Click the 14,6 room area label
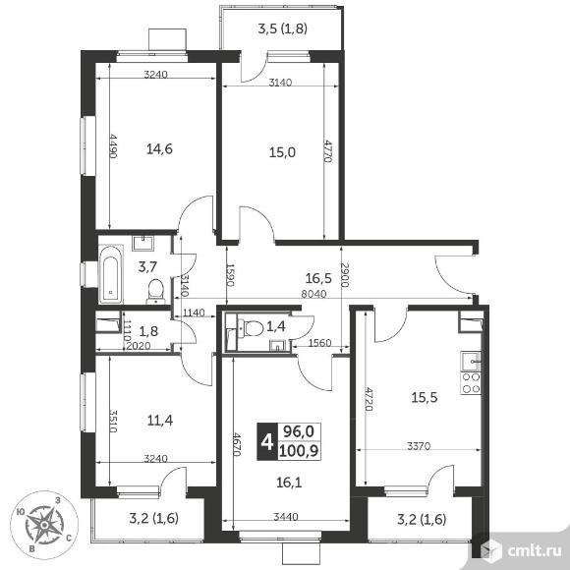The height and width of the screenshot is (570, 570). tap(159, 149)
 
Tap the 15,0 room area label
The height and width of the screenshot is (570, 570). tap(282, 152)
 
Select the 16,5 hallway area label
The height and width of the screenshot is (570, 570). tap(318, 278)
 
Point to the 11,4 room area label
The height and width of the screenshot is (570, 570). tap(160, 421)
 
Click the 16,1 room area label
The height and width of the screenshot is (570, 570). tap(289, 483)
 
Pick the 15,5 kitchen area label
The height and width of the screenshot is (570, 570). tap(425, 397)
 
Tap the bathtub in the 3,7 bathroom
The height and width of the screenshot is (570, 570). tap(111, 275)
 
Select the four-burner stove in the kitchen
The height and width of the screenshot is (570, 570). tap(471, 383)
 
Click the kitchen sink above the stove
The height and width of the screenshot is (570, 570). tap(471, 362)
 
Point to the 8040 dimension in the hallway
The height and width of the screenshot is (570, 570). tap(313, 294)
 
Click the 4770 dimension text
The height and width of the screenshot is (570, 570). tap(328, 151)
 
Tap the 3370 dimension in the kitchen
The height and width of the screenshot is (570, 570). tap(419, 445)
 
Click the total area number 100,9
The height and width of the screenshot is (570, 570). tap(299, 451)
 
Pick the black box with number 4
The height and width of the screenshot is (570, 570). tap(267, 442)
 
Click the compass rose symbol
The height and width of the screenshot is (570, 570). tap(44, 525)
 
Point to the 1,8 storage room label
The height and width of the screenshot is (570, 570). tap(148, 331)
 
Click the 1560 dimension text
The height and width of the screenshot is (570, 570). tap(320, 343)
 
